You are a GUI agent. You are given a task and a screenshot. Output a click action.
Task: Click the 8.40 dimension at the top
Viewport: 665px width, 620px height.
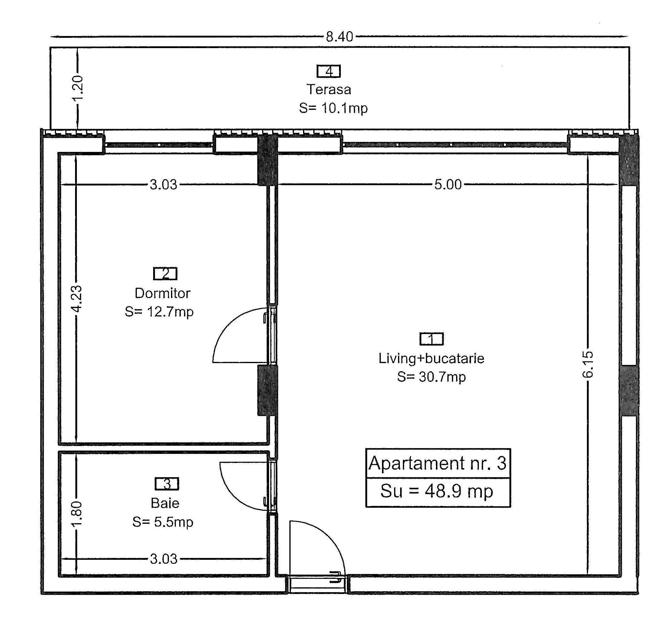[339, 36]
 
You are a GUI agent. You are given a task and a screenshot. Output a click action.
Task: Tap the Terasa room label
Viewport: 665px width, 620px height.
[329, 89]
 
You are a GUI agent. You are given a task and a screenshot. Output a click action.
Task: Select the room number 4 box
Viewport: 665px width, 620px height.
[329, 71]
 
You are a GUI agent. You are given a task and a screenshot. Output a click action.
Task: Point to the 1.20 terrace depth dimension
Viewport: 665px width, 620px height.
[77, 88]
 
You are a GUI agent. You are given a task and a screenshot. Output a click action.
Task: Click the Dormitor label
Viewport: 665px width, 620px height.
[163, 293]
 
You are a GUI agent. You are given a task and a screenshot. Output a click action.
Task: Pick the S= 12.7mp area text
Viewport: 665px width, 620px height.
[159, 312]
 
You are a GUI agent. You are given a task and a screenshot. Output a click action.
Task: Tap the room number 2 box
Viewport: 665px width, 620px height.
[165, 274]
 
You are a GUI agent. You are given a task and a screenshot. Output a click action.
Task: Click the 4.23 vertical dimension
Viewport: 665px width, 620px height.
[77, 299]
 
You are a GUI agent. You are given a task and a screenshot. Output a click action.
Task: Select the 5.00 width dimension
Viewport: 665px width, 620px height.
[448, 185]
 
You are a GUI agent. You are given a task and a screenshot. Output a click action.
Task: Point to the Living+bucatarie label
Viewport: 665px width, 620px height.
[432, 359]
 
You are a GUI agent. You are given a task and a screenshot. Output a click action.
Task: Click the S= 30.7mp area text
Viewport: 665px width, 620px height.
[432, 377]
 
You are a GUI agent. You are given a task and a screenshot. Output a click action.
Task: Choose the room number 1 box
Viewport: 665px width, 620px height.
[432, 339]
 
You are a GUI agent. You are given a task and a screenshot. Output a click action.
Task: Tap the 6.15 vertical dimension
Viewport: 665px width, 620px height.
[588, 364]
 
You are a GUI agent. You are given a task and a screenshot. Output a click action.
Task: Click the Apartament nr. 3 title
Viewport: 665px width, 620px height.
[438, 463]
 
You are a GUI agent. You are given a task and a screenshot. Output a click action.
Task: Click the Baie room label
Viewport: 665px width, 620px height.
[165, 503]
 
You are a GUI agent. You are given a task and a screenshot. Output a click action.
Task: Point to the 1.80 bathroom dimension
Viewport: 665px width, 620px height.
[77, 513]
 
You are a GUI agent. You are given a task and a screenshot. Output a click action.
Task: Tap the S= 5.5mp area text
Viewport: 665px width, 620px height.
[163, 522]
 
